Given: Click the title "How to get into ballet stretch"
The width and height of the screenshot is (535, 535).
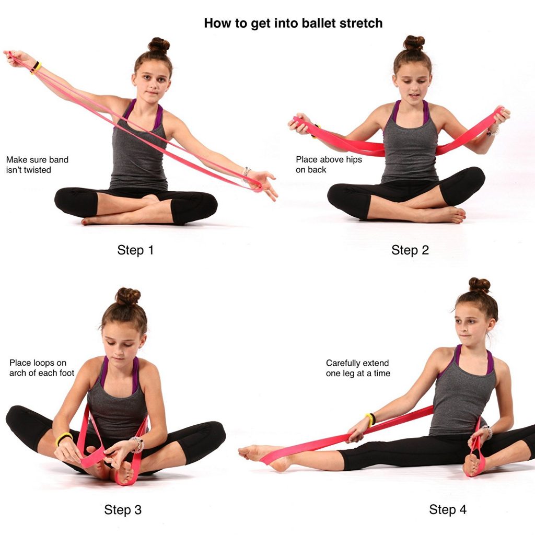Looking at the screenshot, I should [293, 23].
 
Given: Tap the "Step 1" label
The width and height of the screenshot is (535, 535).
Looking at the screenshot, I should [135, 250].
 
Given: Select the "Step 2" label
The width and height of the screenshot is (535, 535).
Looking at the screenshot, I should [410, 250].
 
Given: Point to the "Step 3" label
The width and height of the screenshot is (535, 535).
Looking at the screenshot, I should [123, 509].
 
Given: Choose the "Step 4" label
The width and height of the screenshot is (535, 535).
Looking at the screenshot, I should [448, 509].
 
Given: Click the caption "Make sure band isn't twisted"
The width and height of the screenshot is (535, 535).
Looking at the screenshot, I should [37, 165].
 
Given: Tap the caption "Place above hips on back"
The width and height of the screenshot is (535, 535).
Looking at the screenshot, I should [329, 165].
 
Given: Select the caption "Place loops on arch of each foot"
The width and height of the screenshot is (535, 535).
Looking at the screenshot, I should [42, 368].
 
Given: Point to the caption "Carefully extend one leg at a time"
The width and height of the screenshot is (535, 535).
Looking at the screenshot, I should [358, 368].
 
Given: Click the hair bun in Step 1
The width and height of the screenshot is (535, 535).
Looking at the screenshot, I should [158, 45].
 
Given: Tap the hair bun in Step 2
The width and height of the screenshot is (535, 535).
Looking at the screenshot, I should [414, 42].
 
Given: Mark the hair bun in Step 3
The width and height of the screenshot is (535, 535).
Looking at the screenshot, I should [128, 296].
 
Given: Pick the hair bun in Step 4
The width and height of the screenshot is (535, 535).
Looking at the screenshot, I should [479, 285].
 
